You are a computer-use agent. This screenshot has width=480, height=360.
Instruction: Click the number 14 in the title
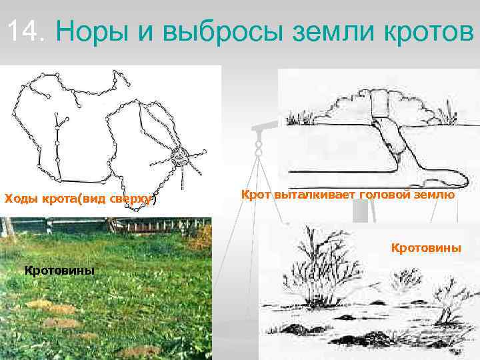(25, 30)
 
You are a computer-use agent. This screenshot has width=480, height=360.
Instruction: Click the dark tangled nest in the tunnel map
(179, 157)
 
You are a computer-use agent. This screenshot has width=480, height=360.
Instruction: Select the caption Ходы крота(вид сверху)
(80, 199)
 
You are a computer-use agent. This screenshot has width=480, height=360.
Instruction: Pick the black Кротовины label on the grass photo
(59, 270)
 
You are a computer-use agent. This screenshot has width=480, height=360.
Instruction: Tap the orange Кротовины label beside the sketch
(425, 248)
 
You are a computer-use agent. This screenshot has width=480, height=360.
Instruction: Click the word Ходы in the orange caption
(21, 199)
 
